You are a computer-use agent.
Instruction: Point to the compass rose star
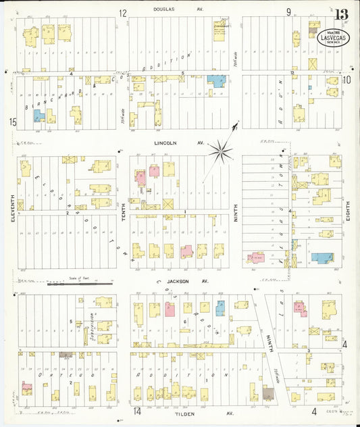click(221, 151)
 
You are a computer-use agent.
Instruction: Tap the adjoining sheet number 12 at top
click(123, 12)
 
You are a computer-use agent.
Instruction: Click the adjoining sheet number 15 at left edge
click(12, 122)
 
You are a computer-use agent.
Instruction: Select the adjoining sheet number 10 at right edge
click(346, 80)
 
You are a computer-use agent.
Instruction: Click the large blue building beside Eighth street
click(322, 257)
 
